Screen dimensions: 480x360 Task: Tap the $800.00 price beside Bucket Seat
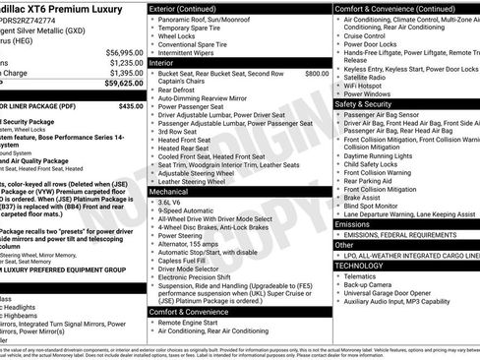(317, 73)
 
